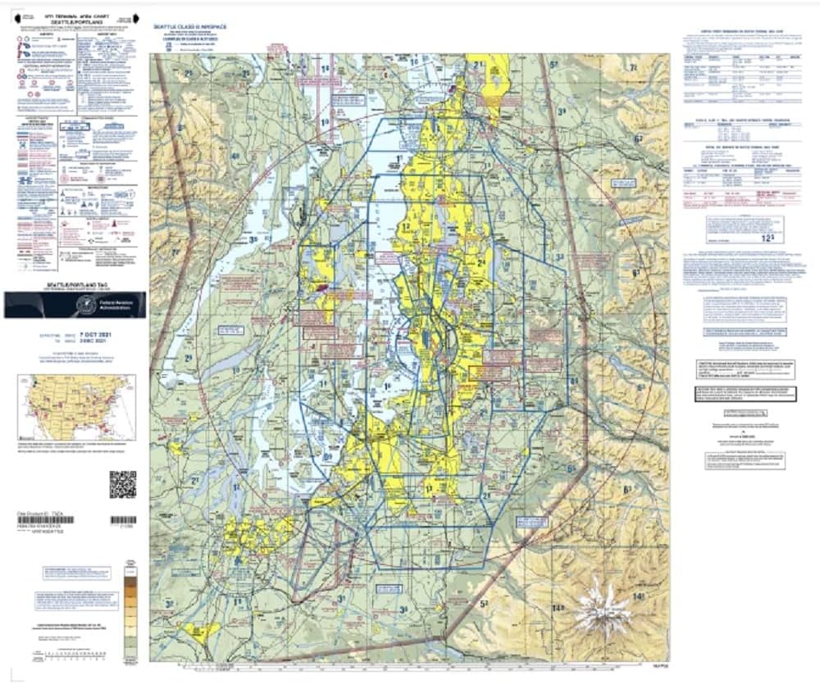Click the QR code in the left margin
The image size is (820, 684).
[x=122, y=484]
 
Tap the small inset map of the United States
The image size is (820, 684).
[x=76, y=407]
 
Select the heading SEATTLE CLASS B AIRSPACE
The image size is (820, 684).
[x=190, y=27]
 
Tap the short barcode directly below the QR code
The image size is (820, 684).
[x=122, y=520]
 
